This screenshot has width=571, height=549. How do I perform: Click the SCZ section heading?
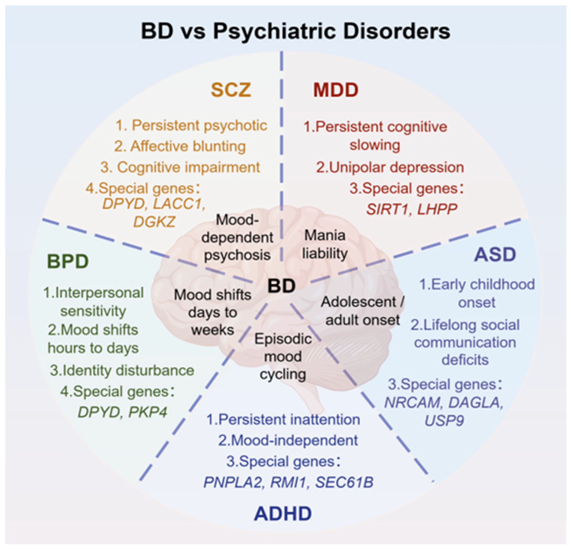[x=231, y=90]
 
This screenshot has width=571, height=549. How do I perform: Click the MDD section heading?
[x=336, y=90]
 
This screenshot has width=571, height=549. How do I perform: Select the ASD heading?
[x=495, y=254]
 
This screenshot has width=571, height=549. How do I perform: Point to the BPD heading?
[x=68, y=261]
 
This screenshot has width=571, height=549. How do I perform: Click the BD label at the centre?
[x=281, y=286]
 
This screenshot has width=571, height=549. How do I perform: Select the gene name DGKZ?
[x=154, y=222]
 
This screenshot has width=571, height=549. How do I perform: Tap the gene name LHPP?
[x=437, y=209]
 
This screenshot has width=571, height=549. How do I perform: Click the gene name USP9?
[x=444, y=421]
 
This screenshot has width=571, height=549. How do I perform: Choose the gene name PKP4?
[x=148, y=412]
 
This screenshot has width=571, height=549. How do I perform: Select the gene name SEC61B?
[x=344, y=482]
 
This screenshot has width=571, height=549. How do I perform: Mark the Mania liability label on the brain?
[x=325, y=244]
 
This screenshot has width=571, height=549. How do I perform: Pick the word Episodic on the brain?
[x=283, y=339]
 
